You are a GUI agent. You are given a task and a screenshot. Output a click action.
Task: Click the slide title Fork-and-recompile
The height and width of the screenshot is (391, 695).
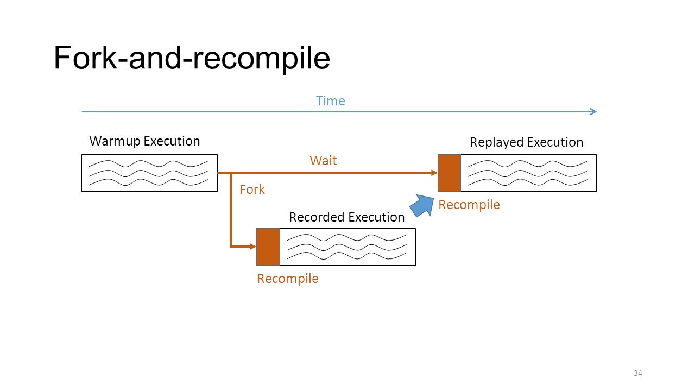coord(192,58)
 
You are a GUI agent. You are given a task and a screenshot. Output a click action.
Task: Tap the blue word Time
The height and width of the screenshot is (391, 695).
coord(331,101)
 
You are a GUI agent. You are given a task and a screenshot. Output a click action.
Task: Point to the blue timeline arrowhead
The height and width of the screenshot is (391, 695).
coord(593,112)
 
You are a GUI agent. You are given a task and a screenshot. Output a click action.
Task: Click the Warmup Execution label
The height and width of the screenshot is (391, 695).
coord(144,141)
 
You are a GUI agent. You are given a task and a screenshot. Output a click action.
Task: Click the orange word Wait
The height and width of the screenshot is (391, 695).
coord(323,161)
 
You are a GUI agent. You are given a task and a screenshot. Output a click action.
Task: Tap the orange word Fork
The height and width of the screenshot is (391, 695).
coord(252,190)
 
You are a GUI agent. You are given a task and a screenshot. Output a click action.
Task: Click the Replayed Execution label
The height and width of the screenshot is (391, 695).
coord(527,142)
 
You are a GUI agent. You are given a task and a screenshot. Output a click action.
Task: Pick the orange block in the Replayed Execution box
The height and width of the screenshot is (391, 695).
coord(449,173)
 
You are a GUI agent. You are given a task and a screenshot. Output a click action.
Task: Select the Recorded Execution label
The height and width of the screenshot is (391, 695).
coord(347,217)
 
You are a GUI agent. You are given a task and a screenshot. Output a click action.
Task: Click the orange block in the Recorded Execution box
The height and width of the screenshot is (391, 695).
coord(268,247)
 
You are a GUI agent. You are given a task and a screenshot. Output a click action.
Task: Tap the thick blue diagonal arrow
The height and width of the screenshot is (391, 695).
coord(422,205)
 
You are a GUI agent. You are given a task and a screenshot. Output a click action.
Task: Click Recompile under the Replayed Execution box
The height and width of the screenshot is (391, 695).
coord(469,205)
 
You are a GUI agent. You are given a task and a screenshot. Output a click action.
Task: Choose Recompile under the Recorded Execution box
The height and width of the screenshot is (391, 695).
coord(288,279)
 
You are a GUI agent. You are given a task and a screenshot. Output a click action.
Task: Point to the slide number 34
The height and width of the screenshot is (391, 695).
coord(637,373)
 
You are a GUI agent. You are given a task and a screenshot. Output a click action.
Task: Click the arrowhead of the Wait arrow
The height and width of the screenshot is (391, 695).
coord(434,173)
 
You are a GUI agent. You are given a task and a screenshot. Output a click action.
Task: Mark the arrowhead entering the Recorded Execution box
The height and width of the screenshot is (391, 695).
coord(253,247)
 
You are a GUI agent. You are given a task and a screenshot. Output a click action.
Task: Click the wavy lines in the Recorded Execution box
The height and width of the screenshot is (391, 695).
coord(346,247)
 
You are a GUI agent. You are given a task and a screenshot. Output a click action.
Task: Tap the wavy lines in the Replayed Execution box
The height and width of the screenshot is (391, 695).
coord(528,173)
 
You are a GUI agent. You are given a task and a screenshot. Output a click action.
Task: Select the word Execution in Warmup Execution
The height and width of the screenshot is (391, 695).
coord(172,141)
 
